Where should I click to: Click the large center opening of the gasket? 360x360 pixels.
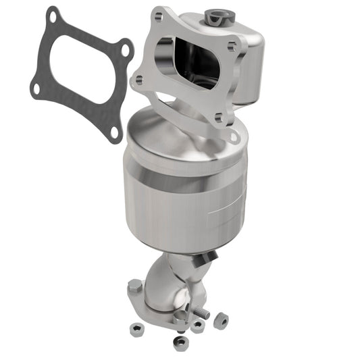tap(80, 70)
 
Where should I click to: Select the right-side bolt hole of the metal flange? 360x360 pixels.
tap(232, 47)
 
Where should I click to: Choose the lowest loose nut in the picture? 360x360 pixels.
tap(180, 342)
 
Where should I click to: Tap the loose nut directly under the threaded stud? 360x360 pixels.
tap(197, 326)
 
